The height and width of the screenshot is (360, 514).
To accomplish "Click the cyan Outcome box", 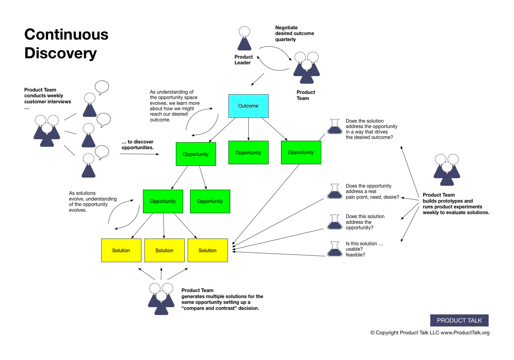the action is tap(248, 106).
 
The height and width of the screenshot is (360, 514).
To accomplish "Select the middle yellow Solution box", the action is tap(164, 250).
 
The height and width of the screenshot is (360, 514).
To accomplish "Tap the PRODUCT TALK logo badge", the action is tap(459, 320).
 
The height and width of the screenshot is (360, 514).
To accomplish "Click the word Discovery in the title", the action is tap(60, 53).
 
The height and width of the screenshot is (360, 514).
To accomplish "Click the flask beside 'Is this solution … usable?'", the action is tap(335, 249).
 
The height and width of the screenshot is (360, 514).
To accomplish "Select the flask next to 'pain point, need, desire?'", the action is tap(335, 191).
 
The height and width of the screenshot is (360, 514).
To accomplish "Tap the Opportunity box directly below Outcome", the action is tap(248, 153).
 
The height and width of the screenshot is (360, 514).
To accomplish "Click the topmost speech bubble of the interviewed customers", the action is tap(102, 87).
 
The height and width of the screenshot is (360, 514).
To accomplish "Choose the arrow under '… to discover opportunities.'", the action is tap(139, 154).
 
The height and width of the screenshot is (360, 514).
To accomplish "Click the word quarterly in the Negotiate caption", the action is tap(285, 40).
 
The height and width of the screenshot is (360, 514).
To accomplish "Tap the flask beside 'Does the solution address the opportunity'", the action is tap(335, 127).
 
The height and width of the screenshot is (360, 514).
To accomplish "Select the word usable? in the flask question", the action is tap(354, 249).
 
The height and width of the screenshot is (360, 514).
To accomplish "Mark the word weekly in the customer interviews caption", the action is tap(56, 96).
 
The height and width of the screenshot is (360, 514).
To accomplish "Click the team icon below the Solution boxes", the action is tap(161, 299).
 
